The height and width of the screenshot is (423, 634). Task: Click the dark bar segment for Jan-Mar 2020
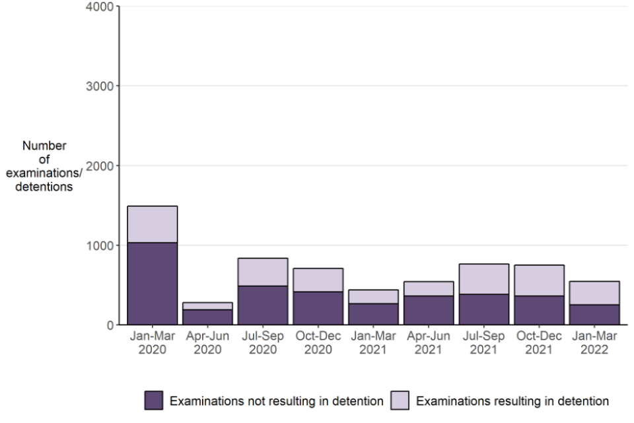(x=153, y=284)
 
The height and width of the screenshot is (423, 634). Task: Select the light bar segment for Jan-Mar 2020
(x=153, y=224)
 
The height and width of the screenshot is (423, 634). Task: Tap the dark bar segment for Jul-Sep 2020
(x=263, y=305)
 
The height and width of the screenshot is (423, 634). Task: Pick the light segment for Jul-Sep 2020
(x=263, y=272)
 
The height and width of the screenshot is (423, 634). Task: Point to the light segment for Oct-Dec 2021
(x=540, y=280)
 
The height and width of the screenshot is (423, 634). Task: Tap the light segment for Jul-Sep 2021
(x=484, y=279)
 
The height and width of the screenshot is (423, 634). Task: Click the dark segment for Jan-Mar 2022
(x=594, y=314)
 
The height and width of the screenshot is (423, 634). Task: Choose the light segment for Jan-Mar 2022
(x=594, y=293)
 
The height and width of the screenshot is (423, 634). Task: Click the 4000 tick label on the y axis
(x=102, y=7)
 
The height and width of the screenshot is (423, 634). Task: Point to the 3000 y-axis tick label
(x=102, y=86)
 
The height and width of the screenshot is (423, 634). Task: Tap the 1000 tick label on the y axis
(x=102, y=245)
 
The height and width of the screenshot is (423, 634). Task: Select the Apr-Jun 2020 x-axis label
(x=208, y=342)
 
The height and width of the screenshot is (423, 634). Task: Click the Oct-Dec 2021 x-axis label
(x=540, y=342)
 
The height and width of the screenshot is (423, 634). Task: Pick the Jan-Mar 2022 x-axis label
(x=594, y=342)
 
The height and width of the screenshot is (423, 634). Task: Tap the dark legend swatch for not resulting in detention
(x=154, y=401)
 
